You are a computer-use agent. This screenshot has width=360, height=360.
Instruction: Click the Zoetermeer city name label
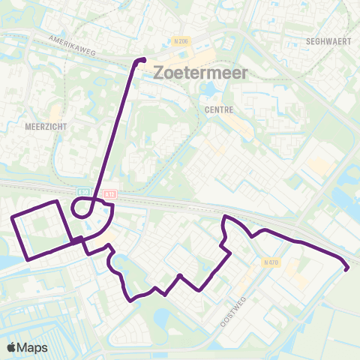click(x=193, y=73)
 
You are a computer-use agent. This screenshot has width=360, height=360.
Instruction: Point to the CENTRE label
click(x=219, y=109)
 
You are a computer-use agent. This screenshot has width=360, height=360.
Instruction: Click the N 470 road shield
click(x=271, y=262)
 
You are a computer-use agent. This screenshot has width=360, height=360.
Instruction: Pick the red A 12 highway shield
click(x=110, y=193)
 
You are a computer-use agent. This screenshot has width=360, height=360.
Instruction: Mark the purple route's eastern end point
click(x=346, y=268)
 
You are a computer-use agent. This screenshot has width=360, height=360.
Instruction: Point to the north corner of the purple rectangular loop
click(x=57, y=202)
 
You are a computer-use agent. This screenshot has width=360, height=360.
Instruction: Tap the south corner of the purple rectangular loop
click(x=28, y=259)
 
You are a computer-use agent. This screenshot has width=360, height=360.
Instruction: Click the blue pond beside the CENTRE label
click(x=207, y=89)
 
